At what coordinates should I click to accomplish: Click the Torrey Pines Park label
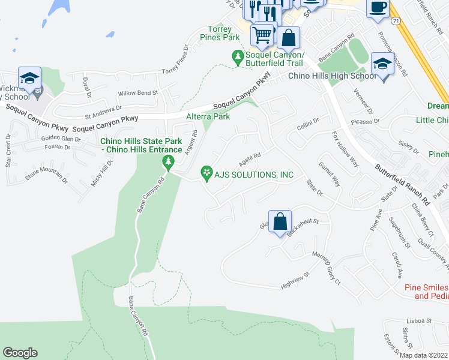[223, 33]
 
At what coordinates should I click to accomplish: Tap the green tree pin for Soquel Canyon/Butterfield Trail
[238, 58]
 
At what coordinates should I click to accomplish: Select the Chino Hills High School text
[333, 76]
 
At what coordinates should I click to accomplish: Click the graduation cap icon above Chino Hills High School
[382, 63]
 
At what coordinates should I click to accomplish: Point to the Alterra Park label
[208, 116]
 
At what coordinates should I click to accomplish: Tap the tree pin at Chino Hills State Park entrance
[168, 161]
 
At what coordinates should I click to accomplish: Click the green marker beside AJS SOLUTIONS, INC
[206, 174]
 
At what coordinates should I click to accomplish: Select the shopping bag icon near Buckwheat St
[280, 221]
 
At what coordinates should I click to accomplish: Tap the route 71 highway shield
[395, 21]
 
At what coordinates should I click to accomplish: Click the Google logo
[20, 353]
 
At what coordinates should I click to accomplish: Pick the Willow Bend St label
[137, 93]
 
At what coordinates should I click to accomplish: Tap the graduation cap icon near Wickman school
[29, 78]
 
